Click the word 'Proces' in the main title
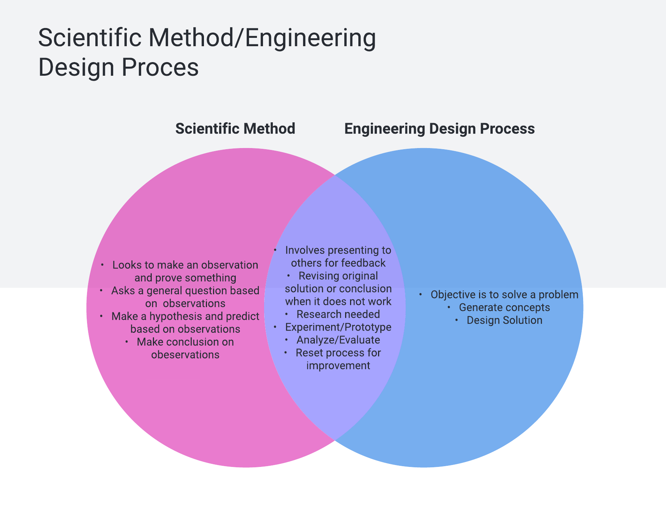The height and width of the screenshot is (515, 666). pyautogui.click(x=160, y=67)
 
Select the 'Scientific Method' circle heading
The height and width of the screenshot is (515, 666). pyautogui.click(x=235, y=129)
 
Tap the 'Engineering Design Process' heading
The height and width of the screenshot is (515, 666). pyautogui.click(x=439, y=129)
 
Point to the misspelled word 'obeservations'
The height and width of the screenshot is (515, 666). pyautogui.click(x=185, y=355)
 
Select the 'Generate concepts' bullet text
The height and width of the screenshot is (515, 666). pyautogui.click(x=504, y=307)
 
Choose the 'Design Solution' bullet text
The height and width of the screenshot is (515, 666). pyautogui.click(x=504, y=320)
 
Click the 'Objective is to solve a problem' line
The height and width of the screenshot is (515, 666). pyautogui.click(x=504, y=295)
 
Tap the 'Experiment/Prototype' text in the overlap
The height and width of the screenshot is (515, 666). pyautogui.click(x=338, y=327)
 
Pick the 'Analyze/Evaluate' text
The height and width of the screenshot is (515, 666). pyautogui.click(x=338, y=340)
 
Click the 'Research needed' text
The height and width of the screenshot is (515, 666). pyautogui.click(x=338, y=314)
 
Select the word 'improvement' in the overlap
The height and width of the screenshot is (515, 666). pyautogui.click(x=338, y=366)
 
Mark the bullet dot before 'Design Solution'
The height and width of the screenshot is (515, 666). pyautogui.click(x=457, y=320)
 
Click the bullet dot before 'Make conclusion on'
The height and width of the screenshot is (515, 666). pyautogui.click(x=127, y=342)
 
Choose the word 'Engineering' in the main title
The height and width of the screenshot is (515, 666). pyautogui.click(x=310, y=38)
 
